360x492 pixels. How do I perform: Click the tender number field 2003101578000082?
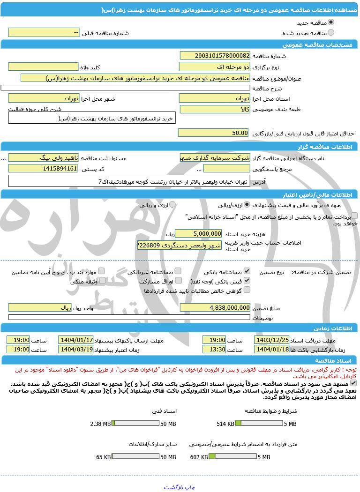click(x=215, y=55)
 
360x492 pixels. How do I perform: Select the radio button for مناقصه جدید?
click(x=331, y=22)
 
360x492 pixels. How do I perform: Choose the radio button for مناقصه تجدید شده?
click(x=331, y=33)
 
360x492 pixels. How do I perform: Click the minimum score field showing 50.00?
click(x=213, y=133)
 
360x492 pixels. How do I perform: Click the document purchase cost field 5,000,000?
click(x=198, y=233)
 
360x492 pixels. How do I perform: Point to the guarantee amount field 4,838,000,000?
click(x=215, y=307)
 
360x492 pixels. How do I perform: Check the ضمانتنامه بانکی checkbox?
click(x=247, y=271)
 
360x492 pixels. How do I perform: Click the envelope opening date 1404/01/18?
click(x=272, y=350)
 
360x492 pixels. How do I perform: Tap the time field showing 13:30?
click(x=214, y=350)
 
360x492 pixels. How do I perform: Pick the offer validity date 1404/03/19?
click(x=76, y=350)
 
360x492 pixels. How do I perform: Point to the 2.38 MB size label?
click(x=100, y=424)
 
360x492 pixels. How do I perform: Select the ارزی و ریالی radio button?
click(x=172, y=205)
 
